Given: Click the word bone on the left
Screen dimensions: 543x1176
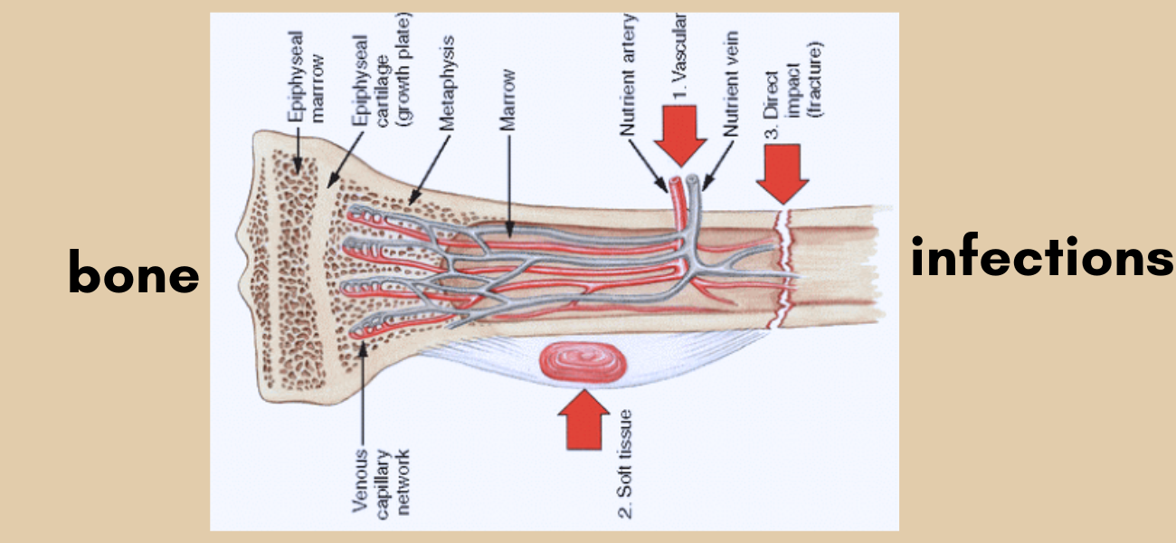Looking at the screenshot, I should click(x=134, y=272).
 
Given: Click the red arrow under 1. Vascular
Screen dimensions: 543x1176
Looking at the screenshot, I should click(x=683, y=134).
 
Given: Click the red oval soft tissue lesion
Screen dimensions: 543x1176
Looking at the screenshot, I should click(x=584, y=362).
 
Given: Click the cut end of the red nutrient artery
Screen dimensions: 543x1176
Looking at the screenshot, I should click(x=674, y=186).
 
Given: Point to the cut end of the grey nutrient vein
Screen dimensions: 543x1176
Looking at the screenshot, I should click(x=692, y=182).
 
